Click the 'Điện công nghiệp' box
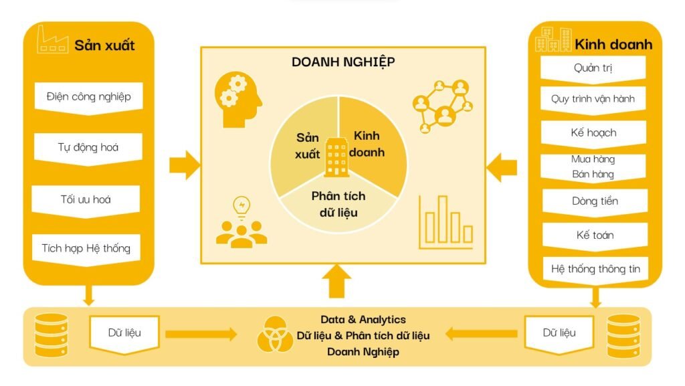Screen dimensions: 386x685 (x=89, y=97)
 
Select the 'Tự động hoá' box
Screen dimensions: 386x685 (x=88, y=148)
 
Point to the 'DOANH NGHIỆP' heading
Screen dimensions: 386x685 (x=343, y=62)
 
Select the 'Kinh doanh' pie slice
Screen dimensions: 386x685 (x=371, y=143)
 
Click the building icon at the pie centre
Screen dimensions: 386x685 (x=336, y=157)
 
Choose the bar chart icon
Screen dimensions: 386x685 (x=447, y=222)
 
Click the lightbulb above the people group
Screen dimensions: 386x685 (x=240, y=206)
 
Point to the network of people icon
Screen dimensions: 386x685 (x=442, y=105)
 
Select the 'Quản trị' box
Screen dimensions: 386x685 (x=593, y=68)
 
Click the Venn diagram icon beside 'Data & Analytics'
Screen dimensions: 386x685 (x=274, y=334)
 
